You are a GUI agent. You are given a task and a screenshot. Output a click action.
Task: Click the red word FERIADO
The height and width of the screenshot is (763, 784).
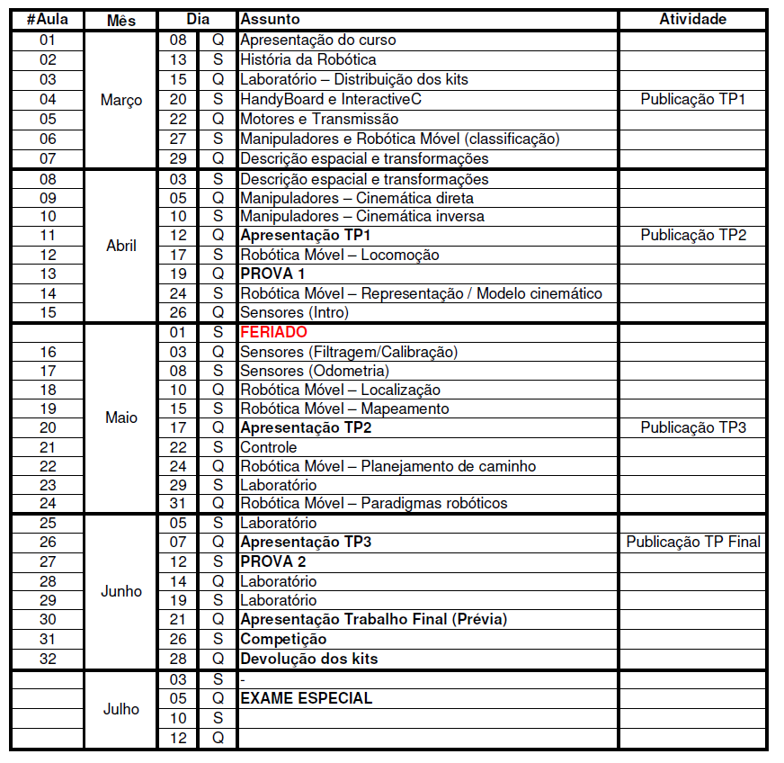coord(273,332)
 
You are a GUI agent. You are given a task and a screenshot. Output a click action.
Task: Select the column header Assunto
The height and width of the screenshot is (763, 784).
coord(270,19)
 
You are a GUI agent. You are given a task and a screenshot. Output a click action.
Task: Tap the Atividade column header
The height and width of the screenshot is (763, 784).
coord(692,19)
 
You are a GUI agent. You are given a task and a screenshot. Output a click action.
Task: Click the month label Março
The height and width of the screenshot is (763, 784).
coord(121,100)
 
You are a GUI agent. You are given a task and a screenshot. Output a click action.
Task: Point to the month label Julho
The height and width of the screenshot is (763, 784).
coord(121,709)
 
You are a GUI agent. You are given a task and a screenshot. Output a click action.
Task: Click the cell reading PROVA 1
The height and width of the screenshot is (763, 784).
coord(272,274)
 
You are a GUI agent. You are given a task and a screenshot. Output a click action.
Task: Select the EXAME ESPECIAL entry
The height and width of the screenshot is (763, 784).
coord(306,698)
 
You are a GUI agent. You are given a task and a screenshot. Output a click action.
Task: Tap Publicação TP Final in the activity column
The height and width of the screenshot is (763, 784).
coord(693,542)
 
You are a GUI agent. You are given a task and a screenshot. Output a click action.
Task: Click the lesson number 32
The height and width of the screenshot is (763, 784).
coord(48,659)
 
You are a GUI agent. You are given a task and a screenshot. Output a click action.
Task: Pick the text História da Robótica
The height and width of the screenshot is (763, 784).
coord(307,59)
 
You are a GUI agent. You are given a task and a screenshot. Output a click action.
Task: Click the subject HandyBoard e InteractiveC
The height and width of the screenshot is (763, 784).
coord(330,99)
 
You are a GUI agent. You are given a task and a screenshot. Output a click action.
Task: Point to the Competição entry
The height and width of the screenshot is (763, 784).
coord(283,639)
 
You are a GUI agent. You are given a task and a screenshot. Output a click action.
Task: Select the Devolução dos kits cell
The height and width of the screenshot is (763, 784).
coord(308,659)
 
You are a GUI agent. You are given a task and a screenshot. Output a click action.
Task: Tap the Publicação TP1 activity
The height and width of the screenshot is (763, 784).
coord(693,99)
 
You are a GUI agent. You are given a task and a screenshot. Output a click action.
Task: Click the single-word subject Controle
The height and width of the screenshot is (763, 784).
coord(268,447)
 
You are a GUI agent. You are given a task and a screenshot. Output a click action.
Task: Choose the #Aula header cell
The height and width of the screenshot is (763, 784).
coord(48,19)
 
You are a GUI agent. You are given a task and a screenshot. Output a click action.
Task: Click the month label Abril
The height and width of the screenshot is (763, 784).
coord(121,245)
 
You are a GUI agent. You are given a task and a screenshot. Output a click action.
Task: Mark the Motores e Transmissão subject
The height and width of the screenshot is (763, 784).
coord(319,119)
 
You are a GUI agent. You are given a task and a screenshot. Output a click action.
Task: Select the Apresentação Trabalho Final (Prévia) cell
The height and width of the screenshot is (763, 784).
coord(373,619)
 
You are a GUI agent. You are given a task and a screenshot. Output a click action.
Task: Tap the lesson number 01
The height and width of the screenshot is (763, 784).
coord(48,40)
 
